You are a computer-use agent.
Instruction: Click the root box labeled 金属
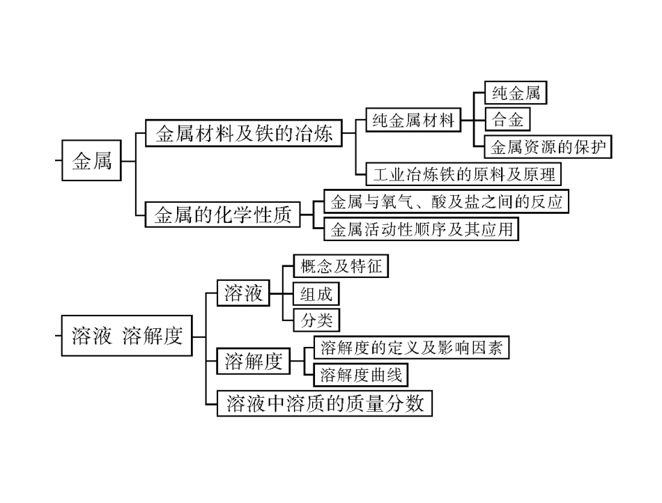92,162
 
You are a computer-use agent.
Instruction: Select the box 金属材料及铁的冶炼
244,132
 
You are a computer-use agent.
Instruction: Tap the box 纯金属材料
413,121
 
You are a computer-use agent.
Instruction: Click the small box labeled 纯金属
515,93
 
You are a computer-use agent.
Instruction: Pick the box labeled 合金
507,119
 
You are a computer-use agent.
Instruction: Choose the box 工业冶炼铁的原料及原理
464,173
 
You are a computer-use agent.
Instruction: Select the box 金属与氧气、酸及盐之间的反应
447,201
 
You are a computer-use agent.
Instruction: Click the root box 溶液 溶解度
128,336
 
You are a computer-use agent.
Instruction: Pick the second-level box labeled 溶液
243,293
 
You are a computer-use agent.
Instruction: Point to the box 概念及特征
341,266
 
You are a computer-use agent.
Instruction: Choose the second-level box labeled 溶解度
253,362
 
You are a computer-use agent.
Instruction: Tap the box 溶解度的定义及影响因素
411,348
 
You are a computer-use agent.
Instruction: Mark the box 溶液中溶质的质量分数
325,403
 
